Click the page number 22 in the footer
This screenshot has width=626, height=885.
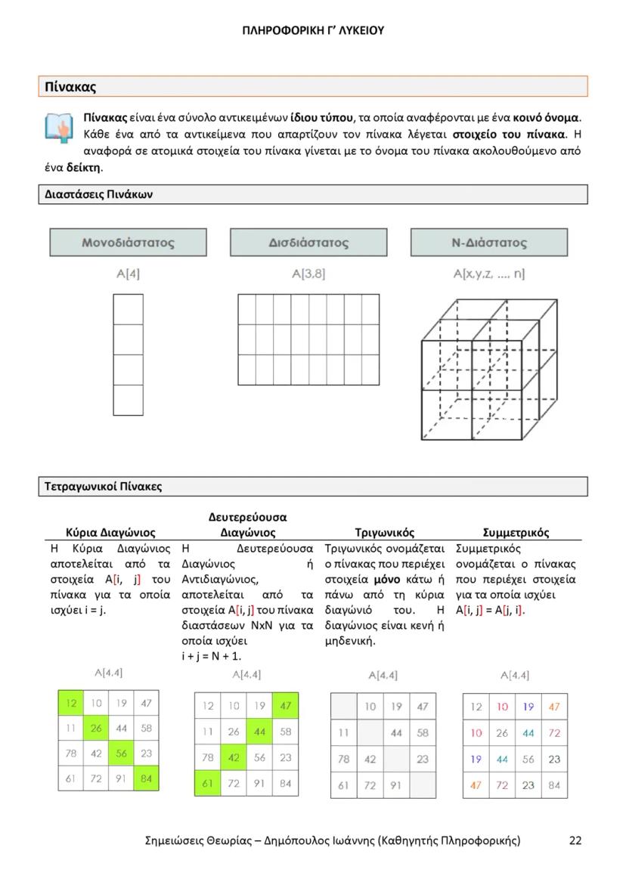coord(575,840)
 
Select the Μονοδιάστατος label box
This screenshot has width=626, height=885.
coord(128,243)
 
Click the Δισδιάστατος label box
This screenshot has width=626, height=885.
coord(308,243)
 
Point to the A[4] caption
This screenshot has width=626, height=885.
coord(128,274)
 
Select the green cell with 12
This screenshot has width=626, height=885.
coord(71,703)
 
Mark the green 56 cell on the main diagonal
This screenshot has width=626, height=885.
coord(121,753)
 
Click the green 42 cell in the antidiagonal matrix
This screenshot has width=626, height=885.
coord(234,758)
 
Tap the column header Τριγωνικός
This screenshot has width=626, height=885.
coord(384,532)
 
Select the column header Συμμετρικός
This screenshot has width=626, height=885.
coord(516,532)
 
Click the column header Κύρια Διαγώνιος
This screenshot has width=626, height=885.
coord(111,532)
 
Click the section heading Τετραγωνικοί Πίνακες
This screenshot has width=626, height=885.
coord(99,486)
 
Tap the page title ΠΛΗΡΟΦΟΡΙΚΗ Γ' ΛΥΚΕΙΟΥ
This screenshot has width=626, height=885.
coord(313,31)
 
